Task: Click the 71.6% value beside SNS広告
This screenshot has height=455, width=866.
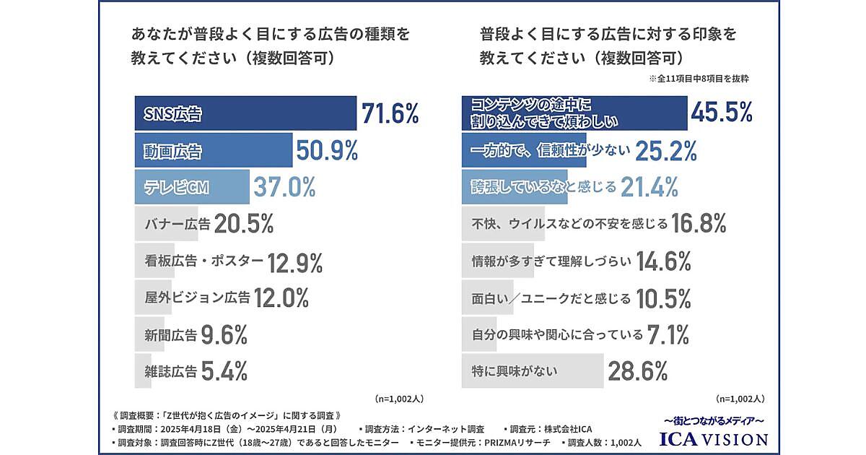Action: click(390, 113)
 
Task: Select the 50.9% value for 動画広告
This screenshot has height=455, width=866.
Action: click(327, 151)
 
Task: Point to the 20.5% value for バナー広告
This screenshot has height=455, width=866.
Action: click(243, 224)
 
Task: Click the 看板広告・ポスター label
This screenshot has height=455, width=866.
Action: click(198, 261)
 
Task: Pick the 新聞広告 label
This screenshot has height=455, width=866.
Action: click(165, 334)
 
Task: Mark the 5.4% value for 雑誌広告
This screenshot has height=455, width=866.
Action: click(224, 371)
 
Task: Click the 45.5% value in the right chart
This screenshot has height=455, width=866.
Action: click(722, 112)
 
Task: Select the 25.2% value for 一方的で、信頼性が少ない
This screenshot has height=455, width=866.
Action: click(666, 150)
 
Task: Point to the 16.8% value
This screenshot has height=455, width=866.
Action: click(698, 224)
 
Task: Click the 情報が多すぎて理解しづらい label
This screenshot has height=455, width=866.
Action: click(550, 261)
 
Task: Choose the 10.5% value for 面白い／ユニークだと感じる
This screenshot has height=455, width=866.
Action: click(663, 297)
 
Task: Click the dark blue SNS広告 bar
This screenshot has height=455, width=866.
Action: click(245, 113)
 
